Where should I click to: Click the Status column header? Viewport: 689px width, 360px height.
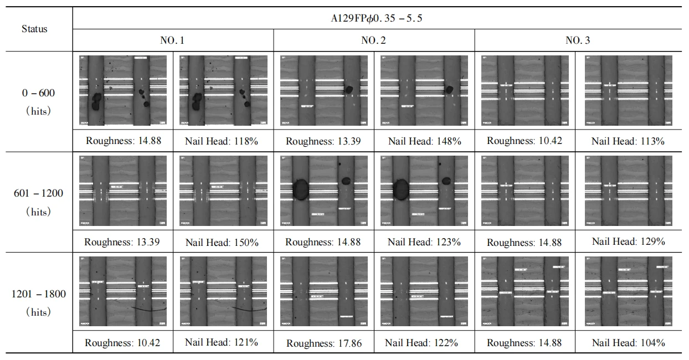[x=34, y=29]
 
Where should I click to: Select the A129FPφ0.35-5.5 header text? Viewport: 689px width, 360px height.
[x=376, y=18]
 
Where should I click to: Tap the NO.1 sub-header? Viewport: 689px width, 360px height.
[x=172, y=40]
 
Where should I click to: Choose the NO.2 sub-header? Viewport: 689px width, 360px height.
[x=373, y=40]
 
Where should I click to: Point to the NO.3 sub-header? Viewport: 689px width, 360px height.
[x=574, y=40]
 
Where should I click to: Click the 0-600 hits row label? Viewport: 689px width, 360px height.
[x=38, y=101]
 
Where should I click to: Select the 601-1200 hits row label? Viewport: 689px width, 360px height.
[x=38, y=202]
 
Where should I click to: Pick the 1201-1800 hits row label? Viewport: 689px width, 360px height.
[x=38, y=302]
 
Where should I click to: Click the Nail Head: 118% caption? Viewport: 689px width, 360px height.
[x=222, y=141]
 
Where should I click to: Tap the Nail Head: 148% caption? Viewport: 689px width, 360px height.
[x=424, y=141]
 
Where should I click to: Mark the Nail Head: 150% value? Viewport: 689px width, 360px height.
[x=222, y=242]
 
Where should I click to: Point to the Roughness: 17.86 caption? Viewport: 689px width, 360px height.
[x=324, y=343]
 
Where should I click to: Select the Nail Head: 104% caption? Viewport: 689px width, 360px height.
[x=628, y=343]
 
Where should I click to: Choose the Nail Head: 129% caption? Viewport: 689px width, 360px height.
[x=628, y=241]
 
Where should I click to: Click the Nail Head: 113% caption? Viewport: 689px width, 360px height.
[x=628, y=141]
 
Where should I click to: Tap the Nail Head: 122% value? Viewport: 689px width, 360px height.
[x=424, y=343]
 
